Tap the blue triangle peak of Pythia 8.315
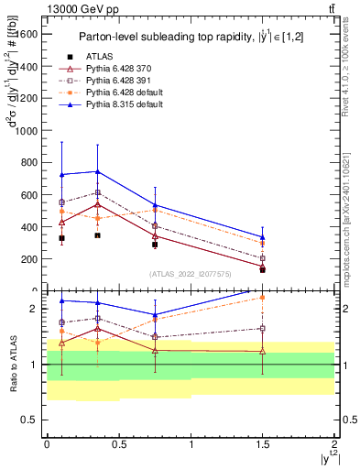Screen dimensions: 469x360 point(97,171)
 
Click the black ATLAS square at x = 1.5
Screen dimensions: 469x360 point(263,269)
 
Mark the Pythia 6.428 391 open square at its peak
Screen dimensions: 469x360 point(97,193)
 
